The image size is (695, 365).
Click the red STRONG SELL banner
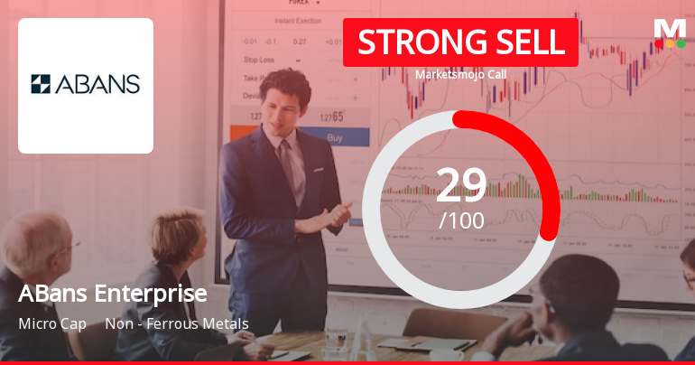[x=460, y=42]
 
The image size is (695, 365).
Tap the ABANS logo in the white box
[x=86, y=85]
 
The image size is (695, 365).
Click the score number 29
[x=461, y=184]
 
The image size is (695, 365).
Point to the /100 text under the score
[x=461, y=220]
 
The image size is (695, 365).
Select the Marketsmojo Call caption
[x=460, y=74]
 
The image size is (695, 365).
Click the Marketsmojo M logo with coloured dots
[x=669, y=33]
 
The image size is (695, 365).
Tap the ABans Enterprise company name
[x=113, y=294]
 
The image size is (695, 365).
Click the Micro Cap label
[x=51, y=323]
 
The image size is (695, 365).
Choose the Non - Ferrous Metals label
[x=177, y=323]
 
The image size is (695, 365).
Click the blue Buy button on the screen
[x=334, y=138]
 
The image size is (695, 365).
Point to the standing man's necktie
[x=287, y=164]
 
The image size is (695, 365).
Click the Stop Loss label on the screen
[x=259, y=59]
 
